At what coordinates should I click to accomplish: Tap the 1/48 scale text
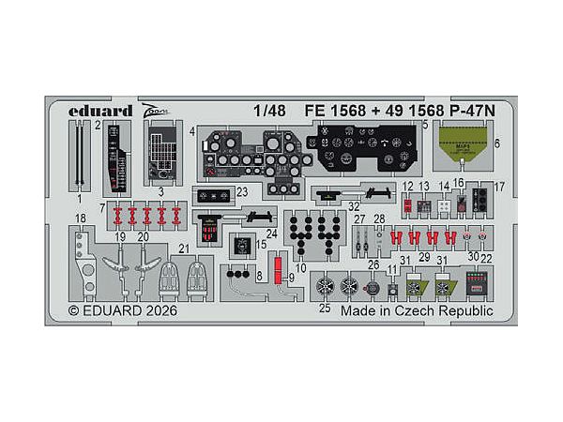(267, 108)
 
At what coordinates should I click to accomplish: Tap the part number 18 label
(81, 219)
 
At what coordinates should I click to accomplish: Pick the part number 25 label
(326, 308)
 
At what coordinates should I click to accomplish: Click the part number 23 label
(243, 191)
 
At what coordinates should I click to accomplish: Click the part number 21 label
(185, 248)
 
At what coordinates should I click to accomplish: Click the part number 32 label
(354, 205)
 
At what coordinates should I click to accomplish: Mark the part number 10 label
(300, 268)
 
